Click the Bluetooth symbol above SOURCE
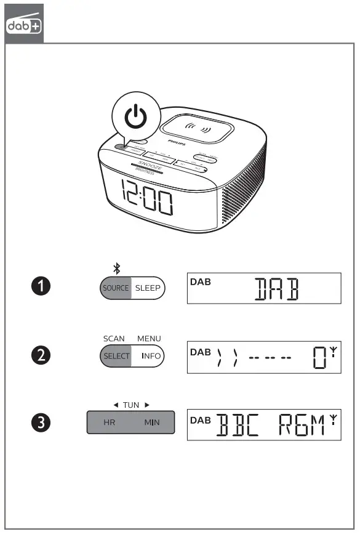point(116,268)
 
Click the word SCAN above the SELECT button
point(114,338)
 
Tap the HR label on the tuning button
point(109,423)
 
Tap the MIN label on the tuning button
point(151,423)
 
